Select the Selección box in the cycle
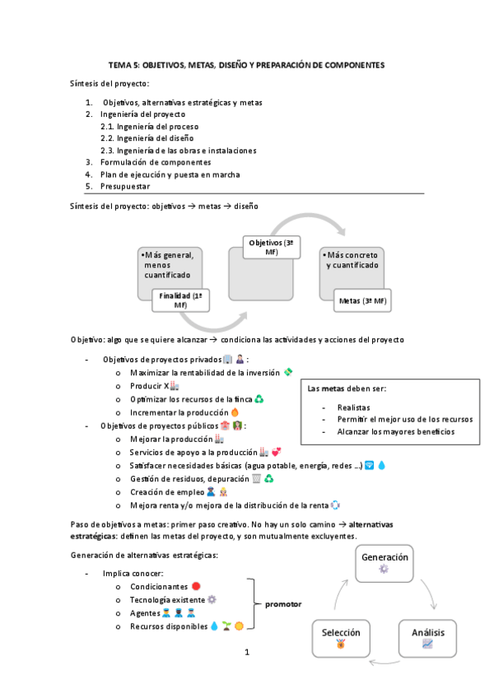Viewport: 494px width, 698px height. pyautogui.click(x=341, y=637)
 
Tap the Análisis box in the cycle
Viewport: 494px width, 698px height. pyautogui.click(x=426, y=637)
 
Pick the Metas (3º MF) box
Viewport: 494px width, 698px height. pyautogui.click(x=362, y=301)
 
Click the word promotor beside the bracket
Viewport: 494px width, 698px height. pyautogui.click(x=283, y=604)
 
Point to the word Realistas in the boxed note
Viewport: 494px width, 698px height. pyautogui.click(x=353, y=407)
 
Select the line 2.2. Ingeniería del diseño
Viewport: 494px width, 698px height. pyautogui.click(x=149, y=138)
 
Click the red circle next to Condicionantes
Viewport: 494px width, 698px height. pyautogui.click(x=196, y=586)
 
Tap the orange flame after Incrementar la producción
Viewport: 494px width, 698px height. pyautogui.click(x=235, y=412)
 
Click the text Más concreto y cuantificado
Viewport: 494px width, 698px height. pyautogui.click(x=352, y=260)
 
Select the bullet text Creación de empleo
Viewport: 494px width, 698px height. pyautogui.click(x=165, y=491)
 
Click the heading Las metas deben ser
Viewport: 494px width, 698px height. pyautogui.click(x=346, y=389)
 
